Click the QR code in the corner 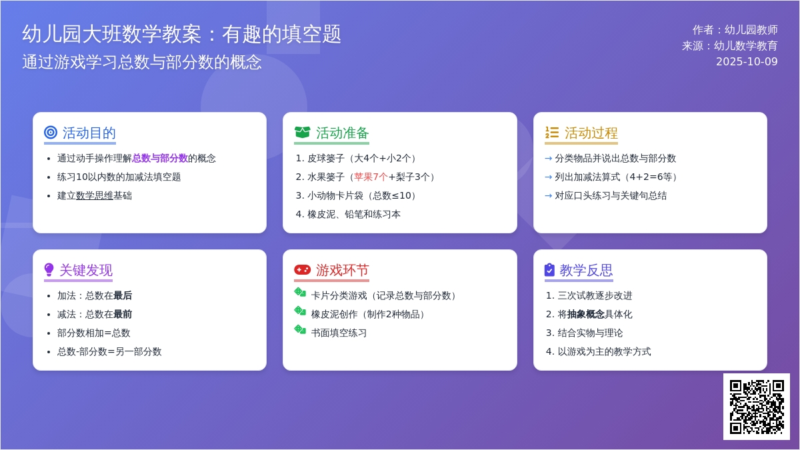[757, 407]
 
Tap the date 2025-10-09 [747, 61]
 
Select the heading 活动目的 [89, 133]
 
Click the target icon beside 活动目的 [51, 133]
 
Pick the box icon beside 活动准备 [303, 133]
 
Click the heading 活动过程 [591, 133]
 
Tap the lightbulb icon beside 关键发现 [49, 270]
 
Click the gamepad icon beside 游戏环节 [303, 270]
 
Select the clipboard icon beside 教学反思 [549, 270]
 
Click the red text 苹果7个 [371, 177]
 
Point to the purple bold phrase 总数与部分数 [160, 158]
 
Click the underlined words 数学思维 [94, 195]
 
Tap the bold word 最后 [123, 295]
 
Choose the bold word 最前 [123, 314]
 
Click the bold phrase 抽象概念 [586, 314]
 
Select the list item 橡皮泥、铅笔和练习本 [353, 214]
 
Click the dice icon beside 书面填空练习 [300, 329]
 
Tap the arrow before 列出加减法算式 [548, 177]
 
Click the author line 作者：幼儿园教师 [735, 29]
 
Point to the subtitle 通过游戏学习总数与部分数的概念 [142, 62]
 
